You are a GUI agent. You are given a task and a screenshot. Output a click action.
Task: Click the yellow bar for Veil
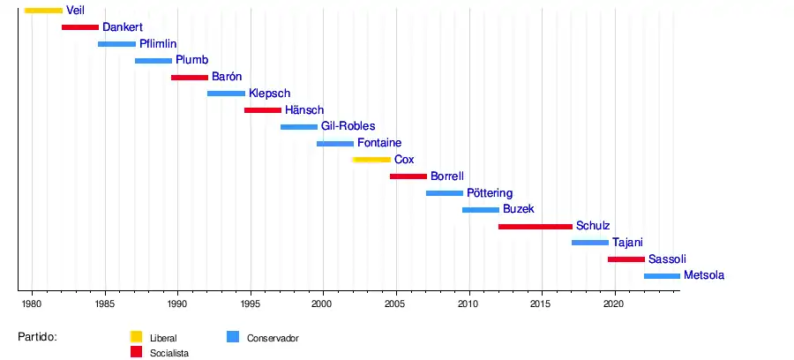point(43,11)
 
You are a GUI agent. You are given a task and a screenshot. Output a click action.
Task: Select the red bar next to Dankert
point(80,27)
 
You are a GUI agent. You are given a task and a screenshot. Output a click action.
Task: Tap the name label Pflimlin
point(158,44)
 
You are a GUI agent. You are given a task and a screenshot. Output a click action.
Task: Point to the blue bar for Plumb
point(154,61)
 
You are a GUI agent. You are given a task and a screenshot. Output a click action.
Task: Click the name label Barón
point(227,77)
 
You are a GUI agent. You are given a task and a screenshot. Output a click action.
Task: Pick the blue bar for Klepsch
point(226,94)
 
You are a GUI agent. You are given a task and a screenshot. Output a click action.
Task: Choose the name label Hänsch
point(304,110)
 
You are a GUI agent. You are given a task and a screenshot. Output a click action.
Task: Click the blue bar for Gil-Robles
point(299,127)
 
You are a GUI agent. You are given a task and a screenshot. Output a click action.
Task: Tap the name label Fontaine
point(379,143)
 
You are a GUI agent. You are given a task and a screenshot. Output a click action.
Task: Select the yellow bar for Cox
point(371,160)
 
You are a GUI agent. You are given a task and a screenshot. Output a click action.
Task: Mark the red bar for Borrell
point(408,176)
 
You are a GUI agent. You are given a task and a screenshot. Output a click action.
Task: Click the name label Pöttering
point(490,193)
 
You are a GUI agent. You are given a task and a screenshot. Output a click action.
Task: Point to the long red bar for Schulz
point(536,227)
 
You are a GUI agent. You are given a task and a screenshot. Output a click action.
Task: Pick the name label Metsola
point(704,275)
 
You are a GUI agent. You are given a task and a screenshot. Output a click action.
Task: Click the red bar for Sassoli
point(626,259)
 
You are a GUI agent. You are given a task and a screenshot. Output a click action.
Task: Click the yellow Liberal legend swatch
point(136,336)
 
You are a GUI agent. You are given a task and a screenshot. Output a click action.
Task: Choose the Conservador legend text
point(273,338)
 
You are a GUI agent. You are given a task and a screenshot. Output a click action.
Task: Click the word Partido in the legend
point(37,337)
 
